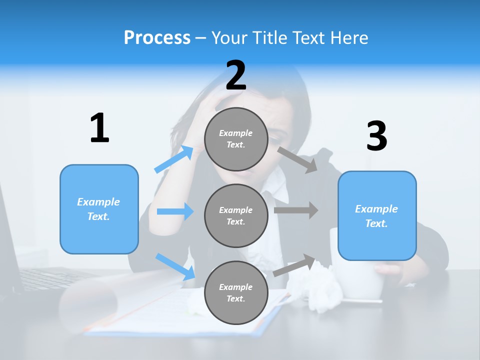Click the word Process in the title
point(157,37)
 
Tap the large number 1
point(99,128)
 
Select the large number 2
point(236,75)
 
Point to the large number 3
point(376,136)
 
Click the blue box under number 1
point(99,209)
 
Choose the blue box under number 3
point(377,215)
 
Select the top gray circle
point(236,139)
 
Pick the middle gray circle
point(236,215)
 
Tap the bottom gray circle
point(236,292)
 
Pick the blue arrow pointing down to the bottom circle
point(175,266)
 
